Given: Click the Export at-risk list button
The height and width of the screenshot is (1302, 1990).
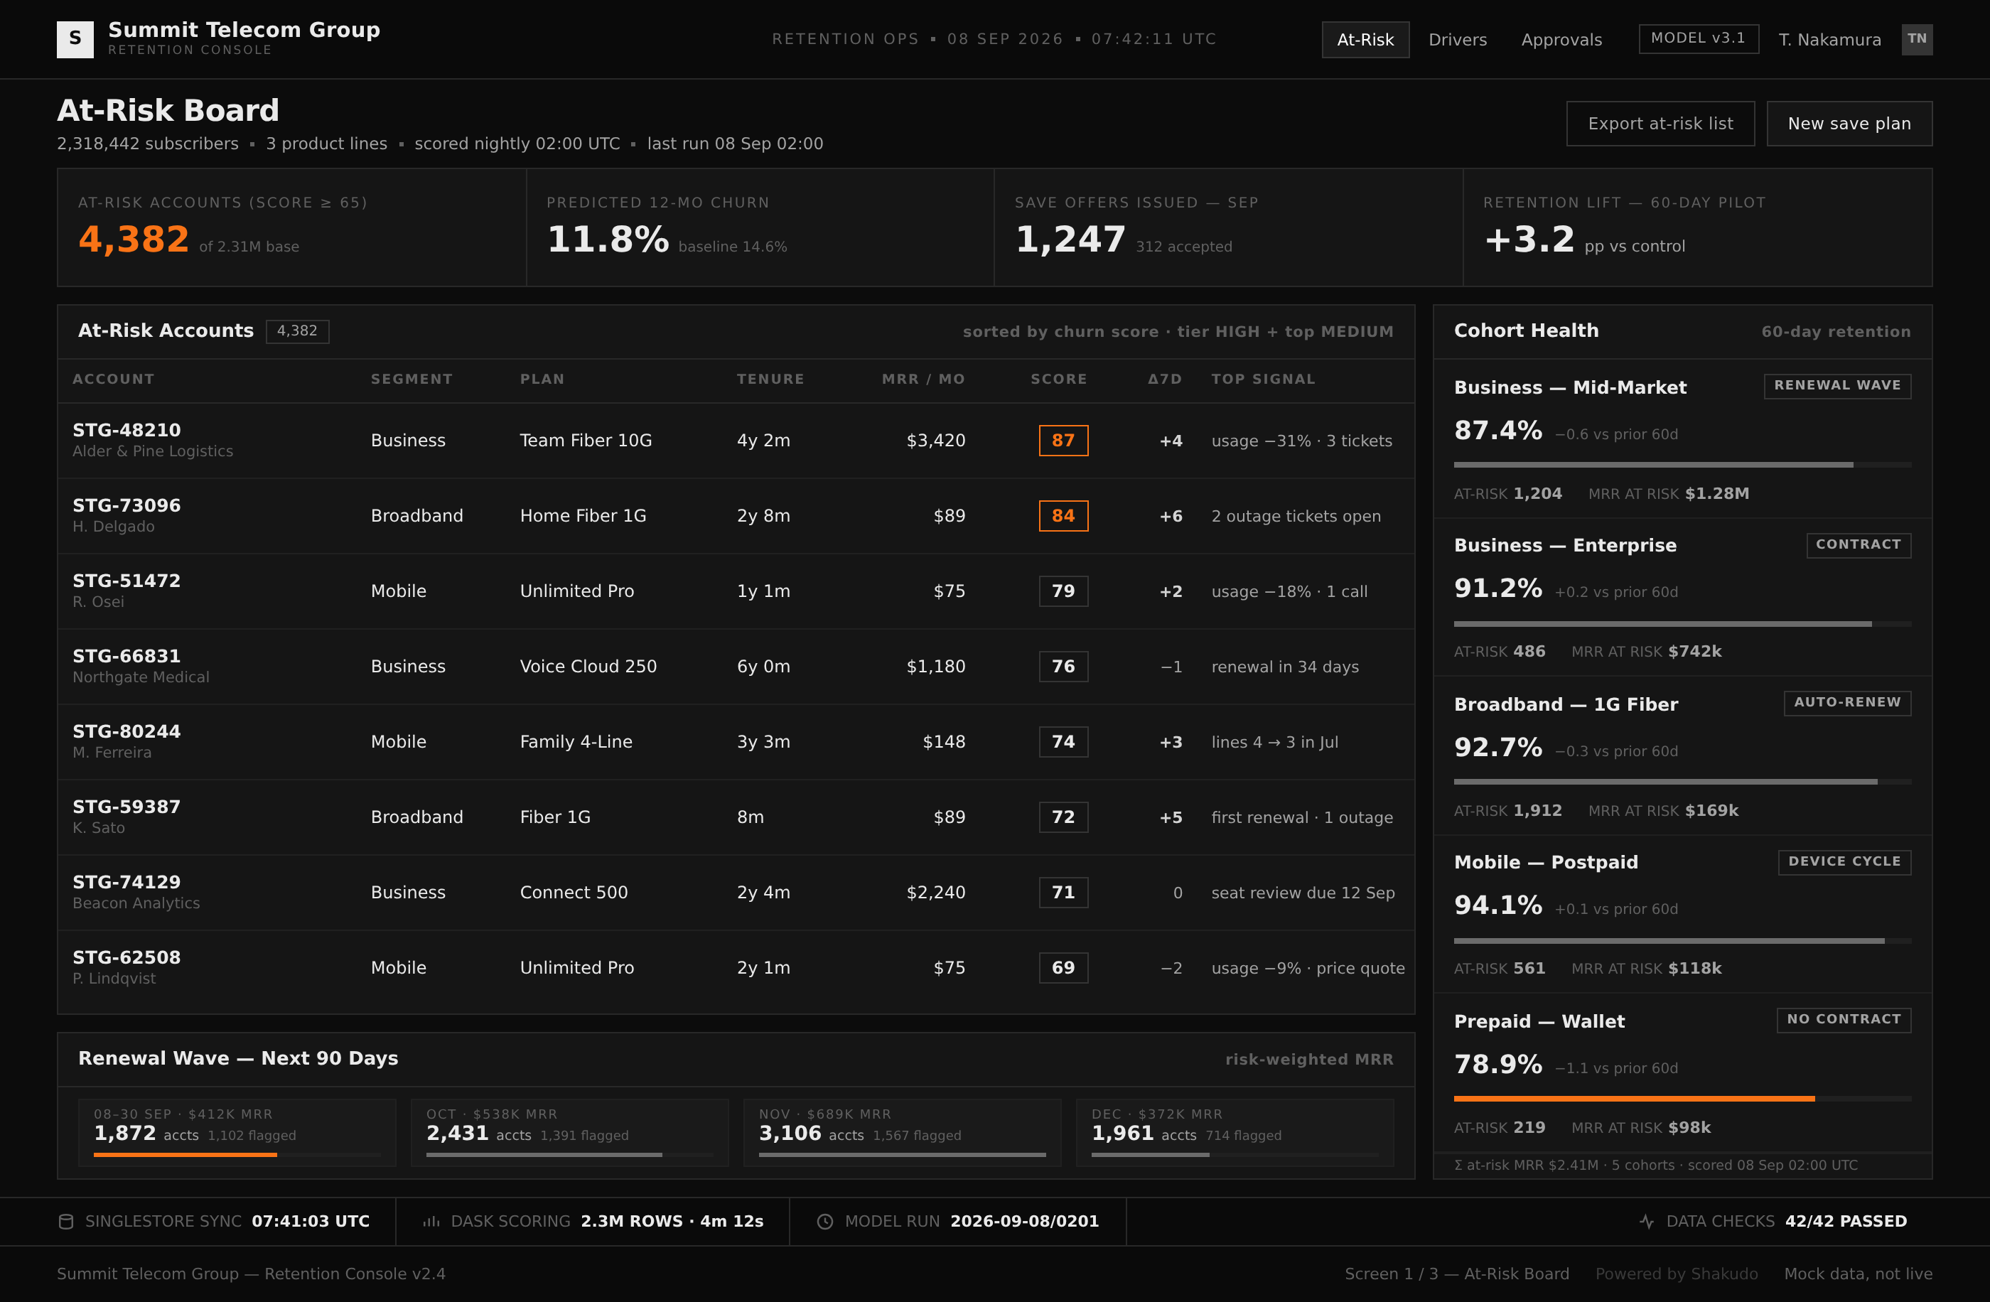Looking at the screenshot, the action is point(1660,124).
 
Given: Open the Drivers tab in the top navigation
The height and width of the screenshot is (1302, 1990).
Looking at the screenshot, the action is point(1458,39).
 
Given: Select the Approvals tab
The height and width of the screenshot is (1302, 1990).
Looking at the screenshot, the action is point(1561,39).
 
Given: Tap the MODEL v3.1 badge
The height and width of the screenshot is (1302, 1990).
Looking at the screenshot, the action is point(1698,38).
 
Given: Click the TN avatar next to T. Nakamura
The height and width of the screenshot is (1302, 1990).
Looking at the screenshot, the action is point(1916,39).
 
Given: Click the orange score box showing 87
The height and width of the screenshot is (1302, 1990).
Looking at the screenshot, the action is point(1063,441).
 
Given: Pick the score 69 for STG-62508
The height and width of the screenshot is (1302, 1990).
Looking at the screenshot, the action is point(1063,967).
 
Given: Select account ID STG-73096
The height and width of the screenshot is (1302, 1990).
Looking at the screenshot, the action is point(127,505).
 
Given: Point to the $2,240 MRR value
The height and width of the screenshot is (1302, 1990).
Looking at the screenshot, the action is point(935,892).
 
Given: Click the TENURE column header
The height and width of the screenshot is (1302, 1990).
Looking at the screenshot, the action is point(770,379).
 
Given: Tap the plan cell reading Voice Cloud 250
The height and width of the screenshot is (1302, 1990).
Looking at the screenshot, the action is point(588,667).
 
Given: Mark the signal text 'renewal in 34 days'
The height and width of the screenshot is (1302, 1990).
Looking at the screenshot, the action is point(1285,667).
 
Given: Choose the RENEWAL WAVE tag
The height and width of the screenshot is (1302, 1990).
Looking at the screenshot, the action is point(1837,385).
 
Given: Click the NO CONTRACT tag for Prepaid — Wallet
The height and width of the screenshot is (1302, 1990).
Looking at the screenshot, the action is point(1844,1019).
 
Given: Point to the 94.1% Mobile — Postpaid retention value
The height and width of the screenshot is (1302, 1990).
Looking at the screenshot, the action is point(1497,905).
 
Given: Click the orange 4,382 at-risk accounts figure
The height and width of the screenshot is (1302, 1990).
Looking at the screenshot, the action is point(134,240).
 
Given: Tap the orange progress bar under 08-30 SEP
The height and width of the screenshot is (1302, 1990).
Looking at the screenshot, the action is point(185,1155).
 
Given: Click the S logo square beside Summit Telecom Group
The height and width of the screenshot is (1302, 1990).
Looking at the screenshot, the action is point(75,39).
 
